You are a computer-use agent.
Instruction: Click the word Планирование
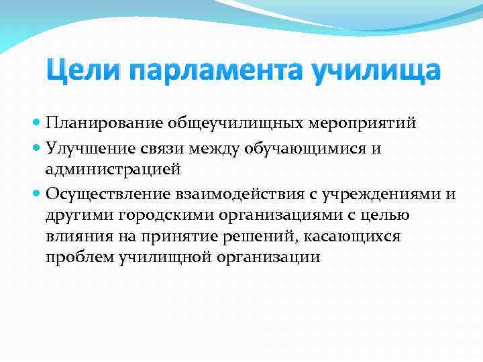click(98, 124)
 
